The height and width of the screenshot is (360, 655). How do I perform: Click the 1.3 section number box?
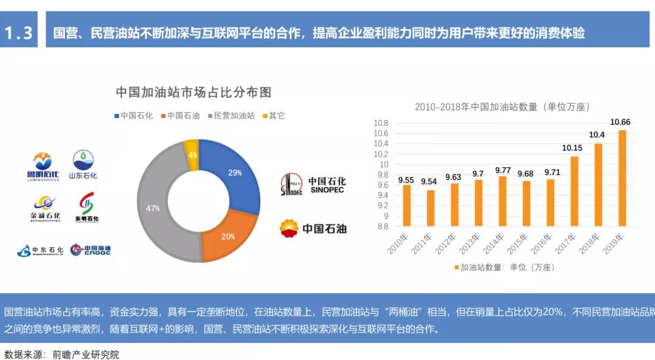pos(19,32)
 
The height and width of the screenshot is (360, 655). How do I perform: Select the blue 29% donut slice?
pos(233,176)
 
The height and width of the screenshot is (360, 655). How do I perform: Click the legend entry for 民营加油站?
pos(231,115)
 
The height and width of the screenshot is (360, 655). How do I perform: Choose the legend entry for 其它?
pos(274,115)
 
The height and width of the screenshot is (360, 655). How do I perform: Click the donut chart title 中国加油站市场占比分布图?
pos(193,92)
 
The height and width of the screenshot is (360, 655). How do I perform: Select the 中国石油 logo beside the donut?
pos(313,228)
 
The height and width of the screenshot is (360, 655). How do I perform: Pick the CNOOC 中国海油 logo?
pos(90,249)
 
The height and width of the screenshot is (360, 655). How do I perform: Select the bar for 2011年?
pos(431,208)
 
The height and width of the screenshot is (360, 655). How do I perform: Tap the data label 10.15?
pos(572,147)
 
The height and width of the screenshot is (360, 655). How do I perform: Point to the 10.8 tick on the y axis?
pos(380,123)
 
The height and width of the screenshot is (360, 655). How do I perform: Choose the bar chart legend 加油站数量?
pos(503,266)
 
